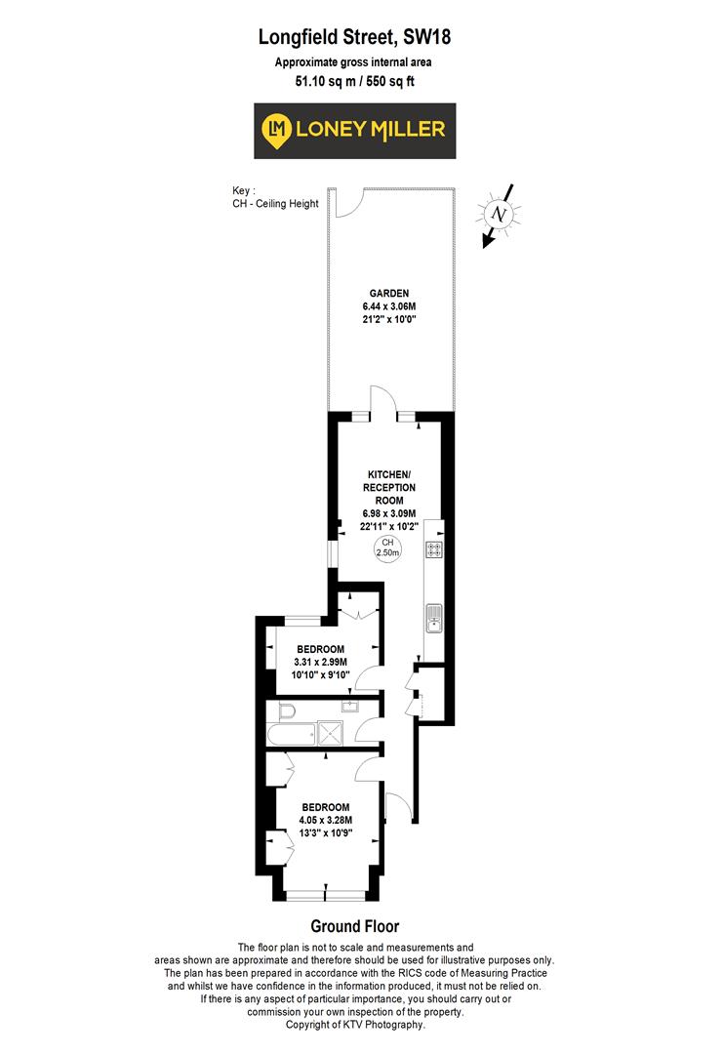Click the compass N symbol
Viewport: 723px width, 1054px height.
(x=500, y=214)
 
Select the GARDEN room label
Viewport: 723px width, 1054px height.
(x=388, y=293)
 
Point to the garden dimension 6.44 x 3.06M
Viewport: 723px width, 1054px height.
(x=388, y=305)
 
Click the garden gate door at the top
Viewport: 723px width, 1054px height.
(x=348, y=200)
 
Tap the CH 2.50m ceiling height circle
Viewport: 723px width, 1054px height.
(x=388, y=548)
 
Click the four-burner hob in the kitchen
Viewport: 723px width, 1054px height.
(x=434, y=549)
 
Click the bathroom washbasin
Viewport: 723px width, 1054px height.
(x=348, y=706)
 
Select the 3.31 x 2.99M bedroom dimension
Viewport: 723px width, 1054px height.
(x=320, y=663)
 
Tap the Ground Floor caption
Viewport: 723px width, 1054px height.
(x=354, y=926)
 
